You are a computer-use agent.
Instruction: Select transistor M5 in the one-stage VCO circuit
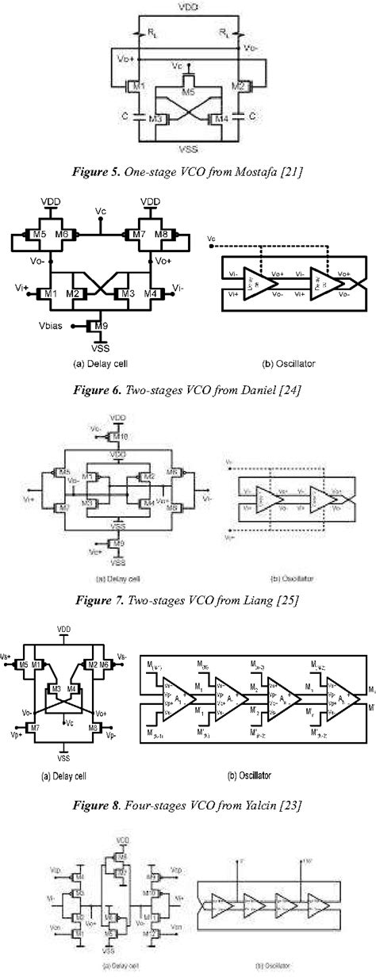pyautogui.click(x=188, y=92)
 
